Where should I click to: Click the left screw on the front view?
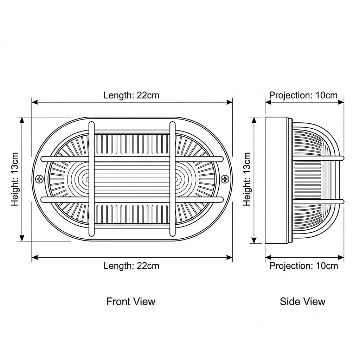(39, 179)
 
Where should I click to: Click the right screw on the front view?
(225, 179)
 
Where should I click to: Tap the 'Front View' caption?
(131, 301)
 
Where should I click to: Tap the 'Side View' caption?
(302, 301)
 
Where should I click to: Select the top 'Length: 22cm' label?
(131, 95)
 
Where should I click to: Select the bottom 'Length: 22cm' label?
(131, 266)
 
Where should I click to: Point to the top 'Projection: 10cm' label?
(303, 95)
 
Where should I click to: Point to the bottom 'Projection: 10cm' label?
(303, 266)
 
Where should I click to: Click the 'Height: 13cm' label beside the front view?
(15, 179)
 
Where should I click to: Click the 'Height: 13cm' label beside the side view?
(247, 179)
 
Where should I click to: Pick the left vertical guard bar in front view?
(91, 179)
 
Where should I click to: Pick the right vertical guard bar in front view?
(172, 179)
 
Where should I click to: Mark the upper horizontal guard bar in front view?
(132, 159)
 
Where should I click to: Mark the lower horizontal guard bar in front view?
(132, 199)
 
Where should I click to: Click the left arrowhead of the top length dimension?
(35, 102)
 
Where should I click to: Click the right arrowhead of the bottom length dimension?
(229, 257)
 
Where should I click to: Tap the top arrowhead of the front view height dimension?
(22, 120)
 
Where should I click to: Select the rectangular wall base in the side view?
(276, 180)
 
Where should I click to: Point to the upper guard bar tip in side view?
(343, 158)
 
